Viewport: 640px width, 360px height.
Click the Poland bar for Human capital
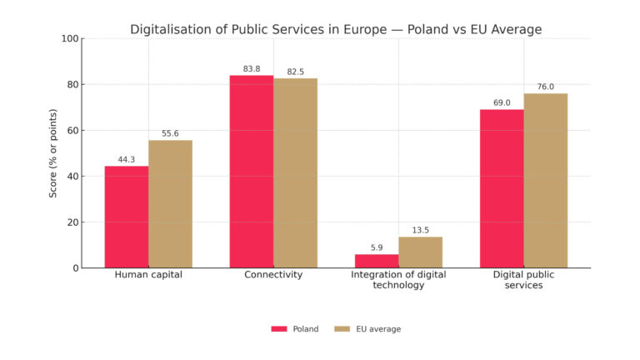127,217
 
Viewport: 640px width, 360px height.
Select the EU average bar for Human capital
170,204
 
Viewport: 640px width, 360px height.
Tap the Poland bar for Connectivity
252,172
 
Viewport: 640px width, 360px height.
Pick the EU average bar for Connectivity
296,173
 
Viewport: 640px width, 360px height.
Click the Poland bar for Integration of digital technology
377,261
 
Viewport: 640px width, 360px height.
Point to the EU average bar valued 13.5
420,252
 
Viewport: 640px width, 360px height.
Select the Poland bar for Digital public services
502,188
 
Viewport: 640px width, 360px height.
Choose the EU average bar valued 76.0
546,181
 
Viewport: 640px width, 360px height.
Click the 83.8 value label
252,68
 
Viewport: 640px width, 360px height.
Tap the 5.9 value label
377,247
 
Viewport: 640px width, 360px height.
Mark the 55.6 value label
170,133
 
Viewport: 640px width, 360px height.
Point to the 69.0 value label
502,102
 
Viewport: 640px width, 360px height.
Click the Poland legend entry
295,329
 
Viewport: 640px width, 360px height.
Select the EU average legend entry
367,329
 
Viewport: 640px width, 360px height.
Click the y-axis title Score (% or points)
53,153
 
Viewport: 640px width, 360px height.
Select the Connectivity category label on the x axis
273,275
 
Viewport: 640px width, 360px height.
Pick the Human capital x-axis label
148,275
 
